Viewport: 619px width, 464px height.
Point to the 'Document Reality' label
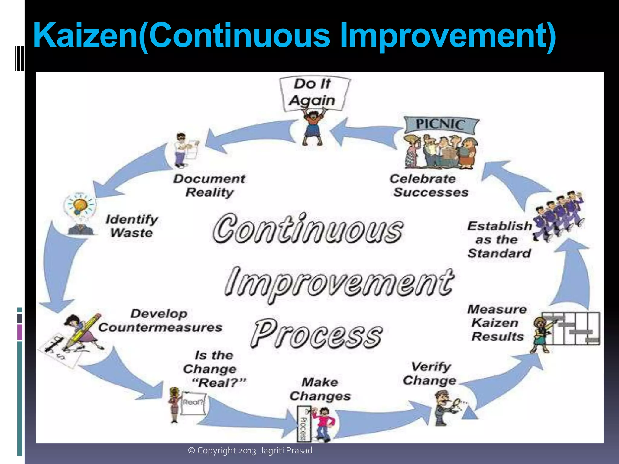point(209,185)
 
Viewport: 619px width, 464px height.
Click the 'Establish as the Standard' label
point(499,239)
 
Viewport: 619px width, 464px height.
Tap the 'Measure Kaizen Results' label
point(497,323)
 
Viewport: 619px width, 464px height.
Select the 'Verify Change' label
point(430,373)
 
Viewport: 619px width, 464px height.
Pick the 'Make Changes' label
point(320,389)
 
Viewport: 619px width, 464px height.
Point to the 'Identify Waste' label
point(132,226)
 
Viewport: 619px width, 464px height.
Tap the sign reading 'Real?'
point(193,403)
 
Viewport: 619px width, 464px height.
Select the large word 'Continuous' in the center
point(308,229)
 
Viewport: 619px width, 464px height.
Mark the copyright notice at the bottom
point(250,450)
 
